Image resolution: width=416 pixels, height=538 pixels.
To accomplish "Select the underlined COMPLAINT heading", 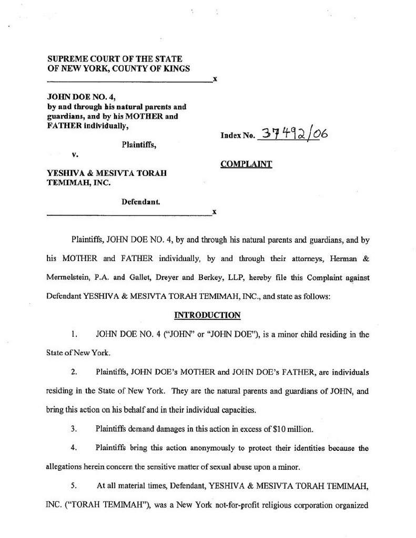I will click(x=246, y=164).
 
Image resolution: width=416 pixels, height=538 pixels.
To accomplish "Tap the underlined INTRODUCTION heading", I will click(x=207, y=315).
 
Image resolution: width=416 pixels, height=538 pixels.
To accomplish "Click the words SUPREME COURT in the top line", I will click(x=78, y=59).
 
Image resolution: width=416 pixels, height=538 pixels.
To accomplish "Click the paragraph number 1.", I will click(x=74, y=334).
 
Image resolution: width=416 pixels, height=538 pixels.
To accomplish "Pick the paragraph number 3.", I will click(x=74, y=429).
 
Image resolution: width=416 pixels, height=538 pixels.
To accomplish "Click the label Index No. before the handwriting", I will click(x=238, y=137).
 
